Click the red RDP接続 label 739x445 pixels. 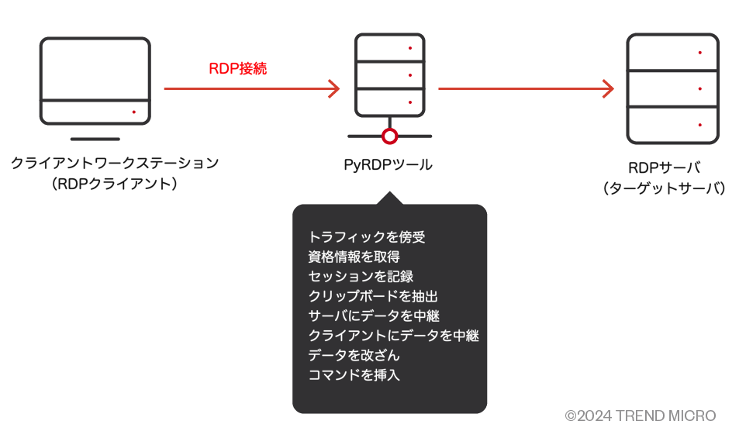click(237, 68)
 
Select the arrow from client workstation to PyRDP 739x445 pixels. click(251, 88)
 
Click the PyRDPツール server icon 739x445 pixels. click(389, 78)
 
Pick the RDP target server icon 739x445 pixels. click(673, 88)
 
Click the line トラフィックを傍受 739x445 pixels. click(367, 236)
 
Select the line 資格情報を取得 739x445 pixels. click(354, 257)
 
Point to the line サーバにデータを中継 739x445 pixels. click(374, 316)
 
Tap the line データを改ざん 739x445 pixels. click(354, 356)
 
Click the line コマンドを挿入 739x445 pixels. click(354, 376)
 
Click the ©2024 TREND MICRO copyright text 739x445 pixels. click(640, 416)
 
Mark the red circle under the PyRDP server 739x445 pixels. click(390, 136)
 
